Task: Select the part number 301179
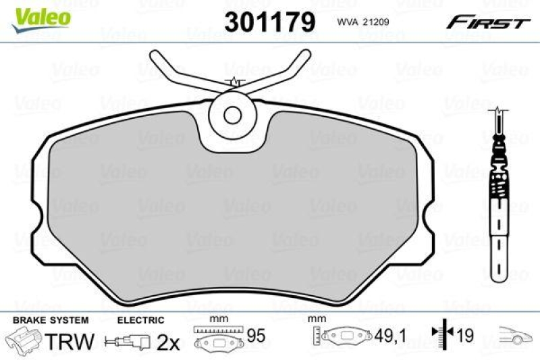coord(269,22)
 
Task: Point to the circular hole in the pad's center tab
coord(233,115)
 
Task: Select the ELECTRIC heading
coord(141,319)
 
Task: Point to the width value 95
coord(256,336)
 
